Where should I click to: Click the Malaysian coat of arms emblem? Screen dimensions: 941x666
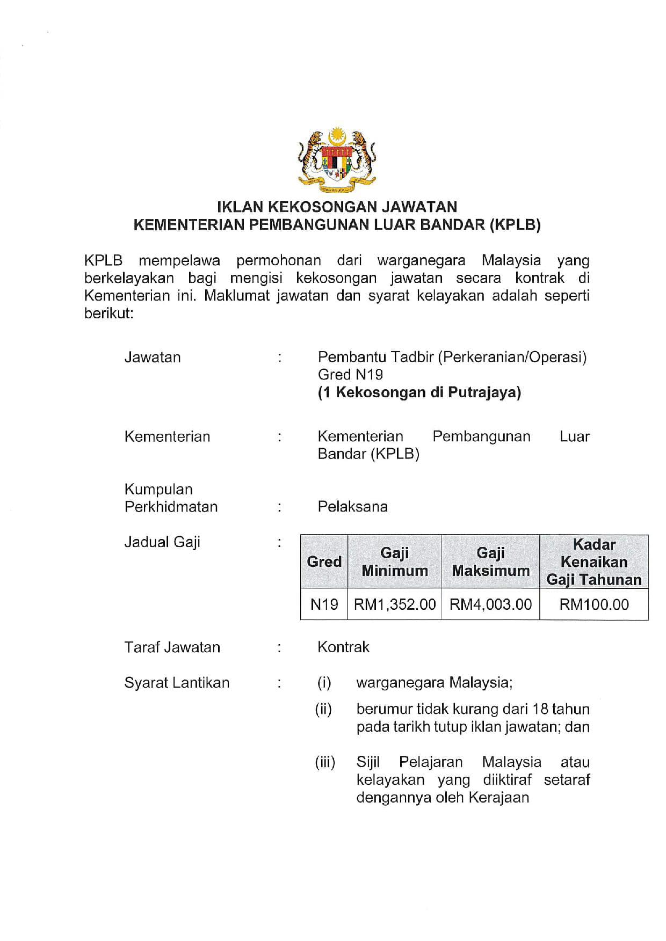337,161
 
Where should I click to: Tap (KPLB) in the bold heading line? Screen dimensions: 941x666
515,225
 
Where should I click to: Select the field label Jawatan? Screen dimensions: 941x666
153,358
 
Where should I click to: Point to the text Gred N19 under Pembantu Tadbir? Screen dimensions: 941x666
350,375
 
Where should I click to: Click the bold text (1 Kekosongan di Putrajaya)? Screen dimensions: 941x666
419,392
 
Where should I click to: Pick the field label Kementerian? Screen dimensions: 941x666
167,436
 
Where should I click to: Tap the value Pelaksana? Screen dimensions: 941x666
352,507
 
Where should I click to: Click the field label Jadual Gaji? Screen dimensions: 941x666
162,542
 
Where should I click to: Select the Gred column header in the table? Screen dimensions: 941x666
324,562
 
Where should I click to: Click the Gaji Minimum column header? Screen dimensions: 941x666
395,562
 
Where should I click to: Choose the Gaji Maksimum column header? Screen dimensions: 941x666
490,562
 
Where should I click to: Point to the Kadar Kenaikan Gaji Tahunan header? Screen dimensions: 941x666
593,562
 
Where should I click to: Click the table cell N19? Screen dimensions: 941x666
324,604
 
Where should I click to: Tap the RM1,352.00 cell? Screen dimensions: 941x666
395,604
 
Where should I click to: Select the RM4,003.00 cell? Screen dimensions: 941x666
490,604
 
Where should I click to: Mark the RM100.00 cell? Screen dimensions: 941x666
593,604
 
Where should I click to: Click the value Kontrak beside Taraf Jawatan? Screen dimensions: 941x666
343,647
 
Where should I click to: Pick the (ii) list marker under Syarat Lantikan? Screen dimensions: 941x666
323,710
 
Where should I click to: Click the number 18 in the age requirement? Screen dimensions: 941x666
539,710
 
